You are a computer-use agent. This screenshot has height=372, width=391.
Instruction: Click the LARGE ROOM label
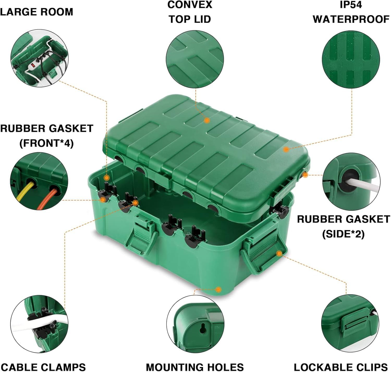coord(36,12)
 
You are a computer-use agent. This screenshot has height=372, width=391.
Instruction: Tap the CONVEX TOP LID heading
coord(190,12)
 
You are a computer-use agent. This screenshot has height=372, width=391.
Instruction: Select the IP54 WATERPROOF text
coord(351,12)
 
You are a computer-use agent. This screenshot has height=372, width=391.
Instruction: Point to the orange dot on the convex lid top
coord(207,120)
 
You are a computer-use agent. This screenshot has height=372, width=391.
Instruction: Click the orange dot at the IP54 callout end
coord(286,149)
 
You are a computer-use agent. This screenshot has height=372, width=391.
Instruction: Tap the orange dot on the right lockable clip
coord(279,253)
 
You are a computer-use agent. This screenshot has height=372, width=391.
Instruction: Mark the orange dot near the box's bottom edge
coord(219,289)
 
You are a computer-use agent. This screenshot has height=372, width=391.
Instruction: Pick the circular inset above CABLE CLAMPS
coord(39,324)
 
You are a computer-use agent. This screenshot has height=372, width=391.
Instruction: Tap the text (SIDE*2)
coord(343,234)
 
